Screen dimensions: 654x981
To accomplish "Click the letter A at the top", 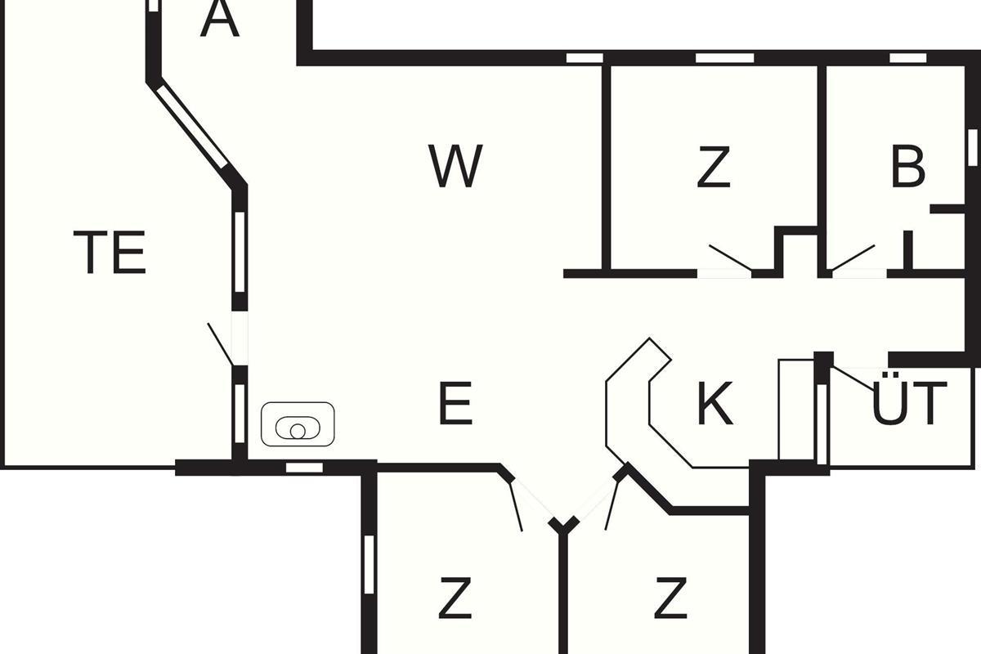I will click(219, 20).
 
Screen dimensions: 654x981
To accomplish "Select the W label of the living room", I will click(455, 166).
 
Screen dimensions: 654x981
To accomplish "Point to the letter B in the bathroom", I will click(907, 167).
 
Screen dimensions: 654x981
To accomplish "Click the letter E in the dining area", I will click(455, 404).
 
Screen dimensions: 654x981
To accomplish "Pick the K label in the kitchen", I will click(714, 404).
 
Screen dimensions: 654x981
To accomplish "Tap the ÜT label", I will click(908, 404).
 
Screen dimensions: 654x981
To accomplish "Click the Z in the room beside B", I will click(713, 167).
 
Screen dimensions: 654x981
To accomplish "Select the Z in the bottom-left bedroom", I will click(455, 598).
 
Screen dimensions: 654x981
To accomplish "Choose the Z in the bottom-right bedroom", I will click(670, 598).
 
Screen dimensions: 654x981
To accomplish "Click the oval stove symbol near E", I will click(298, 424).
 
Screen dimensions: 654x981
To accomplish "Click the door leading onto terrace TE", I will click(222, 344).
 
